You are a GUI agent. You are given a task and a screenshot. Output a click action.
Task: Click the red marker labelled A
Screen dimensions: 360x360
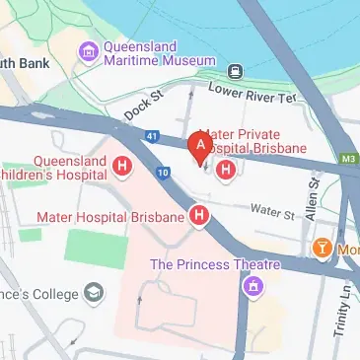pyautogui.click(x=201, y=146)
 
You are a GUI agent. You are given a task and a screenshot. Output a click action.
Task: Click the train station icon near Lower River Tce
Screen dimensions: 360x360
pyautogui.click(x=236, y=71)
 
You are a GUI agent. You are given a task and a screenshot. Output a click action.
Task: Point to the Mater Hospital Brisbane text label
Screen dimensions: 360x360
pyautogui.click(x=110, y=216)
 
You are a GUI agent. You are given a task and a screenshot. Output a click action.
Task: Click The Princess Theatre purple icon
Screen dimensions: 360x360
pyautogui.click(x=254, y=286)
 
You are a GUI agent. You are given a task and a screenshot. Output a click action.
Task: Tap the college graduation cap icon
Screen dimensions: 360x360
pyautogui.click(x=93, y=294)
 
